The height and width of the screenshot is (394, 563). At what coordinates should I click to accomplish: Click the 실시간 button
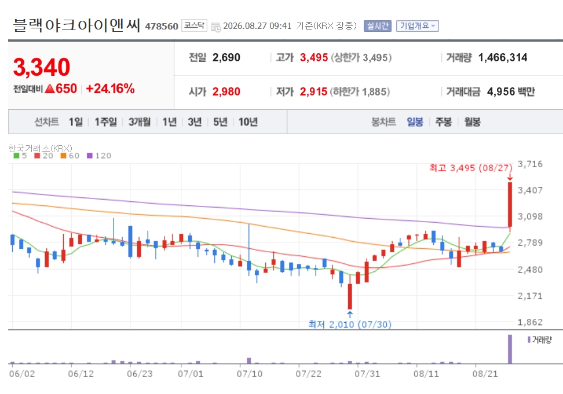(x=378, y=26)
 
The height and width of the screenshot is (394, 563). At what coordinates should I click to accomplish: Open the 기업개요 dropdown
(x=417, y=26)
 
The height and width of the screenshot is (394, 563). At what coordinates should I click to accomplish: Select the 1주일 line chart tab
(x=105, y=122)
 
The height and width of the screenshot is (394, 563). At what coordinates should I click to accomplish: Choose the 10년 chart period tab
(x=248, y=122)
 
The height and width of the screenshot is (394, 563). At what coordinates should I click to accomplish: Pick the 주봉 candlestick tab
(x=444, y=122)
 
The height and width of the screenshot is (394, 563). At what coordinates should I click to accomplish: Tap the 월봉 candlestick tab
(x=472, y=122)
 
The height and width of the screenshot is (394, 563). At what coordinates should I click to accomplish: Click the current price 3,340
(x=42, y=67)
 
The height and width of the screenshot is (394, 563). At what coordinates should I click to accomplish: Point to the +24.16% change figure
(x=110, y=89)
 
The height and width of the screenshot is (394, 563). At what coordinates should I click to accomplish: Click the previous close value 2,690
(x=226, y=57)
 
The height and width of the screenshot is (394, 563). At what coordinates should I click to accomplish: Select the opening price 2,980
(x=226, y=91)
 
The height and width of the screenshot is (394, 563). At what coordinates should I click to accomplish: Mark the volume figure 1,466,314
(x=503, y=57)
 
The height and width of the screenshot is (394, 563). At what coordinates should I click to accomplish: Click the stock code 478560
(x=162, y=26)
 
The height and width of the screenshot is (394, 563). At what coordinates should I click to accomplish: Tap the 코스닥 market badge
(x=194, y=25)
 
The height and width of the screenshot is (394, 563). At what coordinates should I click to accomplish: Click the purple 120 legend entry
(x=99, y=156)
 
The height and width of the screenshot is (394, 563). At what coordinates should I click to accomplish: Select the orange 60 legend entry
(x=70, y=156)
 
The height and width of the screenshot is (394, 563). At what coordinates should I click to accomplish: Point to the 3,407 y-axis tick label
(x=530, y=190)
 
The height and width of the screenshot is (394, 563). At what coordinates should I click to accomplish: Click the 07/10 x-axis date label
(x=250, y=374)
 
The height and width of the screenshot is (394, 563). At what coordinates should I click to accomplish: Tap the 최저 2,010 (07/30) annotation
(x=350, y=325)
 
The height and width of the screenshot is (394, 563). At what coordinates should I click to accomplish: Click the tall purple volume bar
(x=510, y=349)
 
